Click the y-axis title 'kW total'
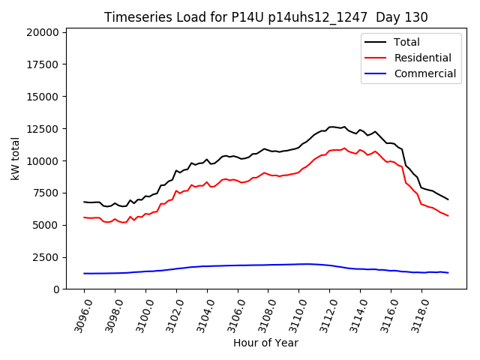coord(15,159)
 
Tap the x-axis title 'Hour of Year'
coord(265,343)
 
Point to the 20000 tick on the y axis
coord(43,33)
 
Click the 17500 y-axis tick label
coord(43,65)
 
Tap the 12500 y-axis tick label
coord(43,129)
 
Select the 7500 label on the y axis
coord(46,193)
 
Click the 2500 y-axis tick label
coord(46,257)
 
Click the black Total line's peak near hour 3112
coord(332,127)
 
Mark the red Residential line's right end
coord(448,216)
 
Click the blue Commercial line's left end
coord(84,273)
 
